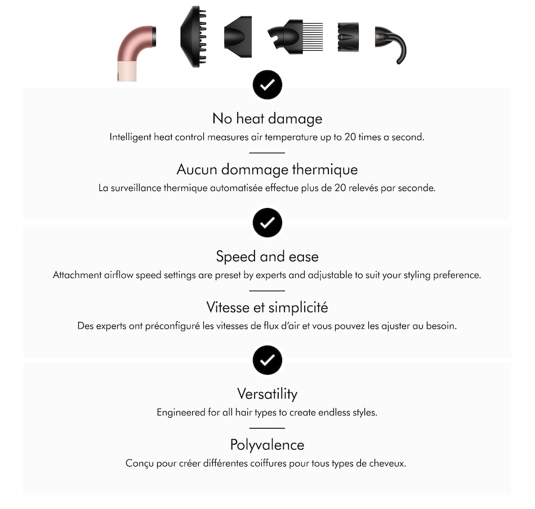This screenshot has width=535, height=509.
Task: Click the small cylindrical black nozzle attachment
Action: [x=348, y=37]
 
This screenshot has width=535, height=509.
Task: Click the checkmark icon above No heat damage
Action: [x=267, y=85]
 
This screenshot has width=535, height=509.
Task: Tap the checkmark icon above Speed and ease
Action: [x=267, y=223]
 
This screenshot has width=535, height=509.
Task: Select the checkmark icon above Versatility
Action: [x=267, y=360]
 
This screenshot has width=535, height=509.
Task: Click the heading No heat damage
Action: [x=267, y=118]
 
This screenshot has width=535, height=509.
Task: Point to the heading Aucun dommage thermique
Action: [x=267, y=169]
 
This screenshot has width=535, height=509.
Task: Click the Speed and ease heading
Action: [x=267, y=256]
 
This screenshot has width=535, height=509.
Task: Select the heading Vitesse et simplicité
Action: [x=267, y=307]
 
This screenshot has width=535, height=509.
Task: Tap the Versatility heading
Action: [x=267, y=393]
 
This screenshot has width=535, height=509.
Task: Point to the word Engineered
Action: [x=180, y=412]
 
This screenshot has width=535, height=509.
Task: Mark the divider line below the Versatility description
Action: [x=267, y=428]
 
